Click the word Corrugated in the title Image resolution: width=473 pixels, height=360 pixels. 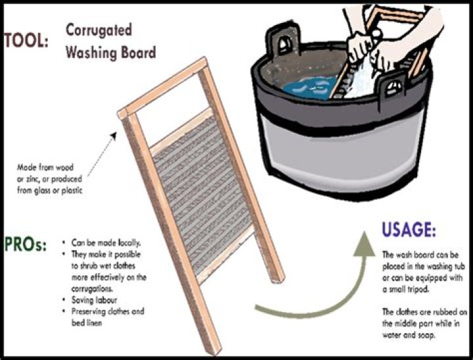click(x=99, y=30)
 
